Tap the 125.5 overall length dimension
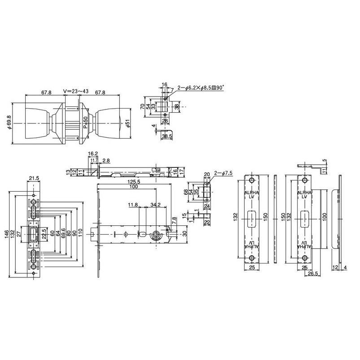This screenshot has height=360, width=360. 133,182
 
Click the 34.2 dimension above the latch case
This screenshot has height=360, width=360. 156,205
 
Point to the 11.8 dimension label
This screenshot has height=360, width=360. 133,205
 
